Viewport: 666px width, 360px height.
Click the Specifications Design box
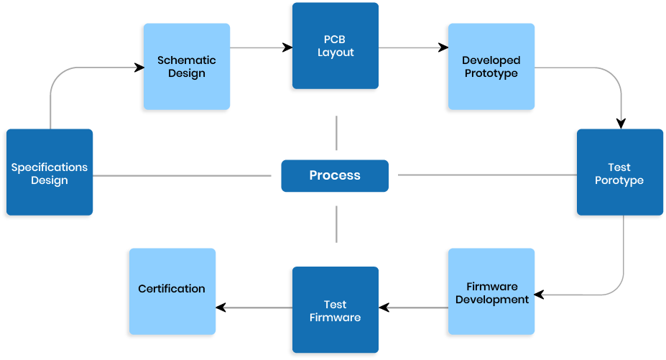(48, 172)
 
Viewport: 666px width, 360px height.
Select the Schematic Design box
(186, 68)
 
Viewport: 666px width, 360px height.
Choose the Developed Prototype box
(491, 68)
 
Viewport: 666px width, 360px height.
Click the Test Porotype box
(619, 173)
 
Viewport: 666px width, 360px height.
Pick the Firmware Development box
(491, 292)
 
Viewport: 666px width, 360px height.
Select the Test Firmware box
(335, 310)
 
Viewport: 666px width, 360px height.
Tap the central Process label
(335, 175)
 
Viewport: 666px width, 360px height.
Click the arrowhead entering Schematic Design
(139, 68)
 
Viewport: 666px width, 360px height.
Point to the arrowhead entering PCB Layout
(288, 48)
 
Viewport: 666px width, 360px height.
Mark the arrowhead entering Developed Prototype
(443, 48)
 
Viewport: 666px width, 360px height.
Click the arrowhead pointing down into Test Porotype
(621, 123)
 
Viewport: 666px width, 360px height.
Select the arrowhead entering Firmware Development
(538, 295)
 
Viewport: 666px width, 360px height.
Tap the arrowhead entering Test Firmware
(384, 308)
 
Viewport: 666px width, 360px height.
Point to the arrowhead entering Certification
(221, 308)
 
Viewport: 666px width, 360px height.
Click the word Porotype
(619, 180)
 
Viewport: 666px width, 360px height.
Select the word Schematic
(186, 60)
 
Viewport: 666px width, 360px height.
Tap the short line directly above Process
(336, 134)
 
